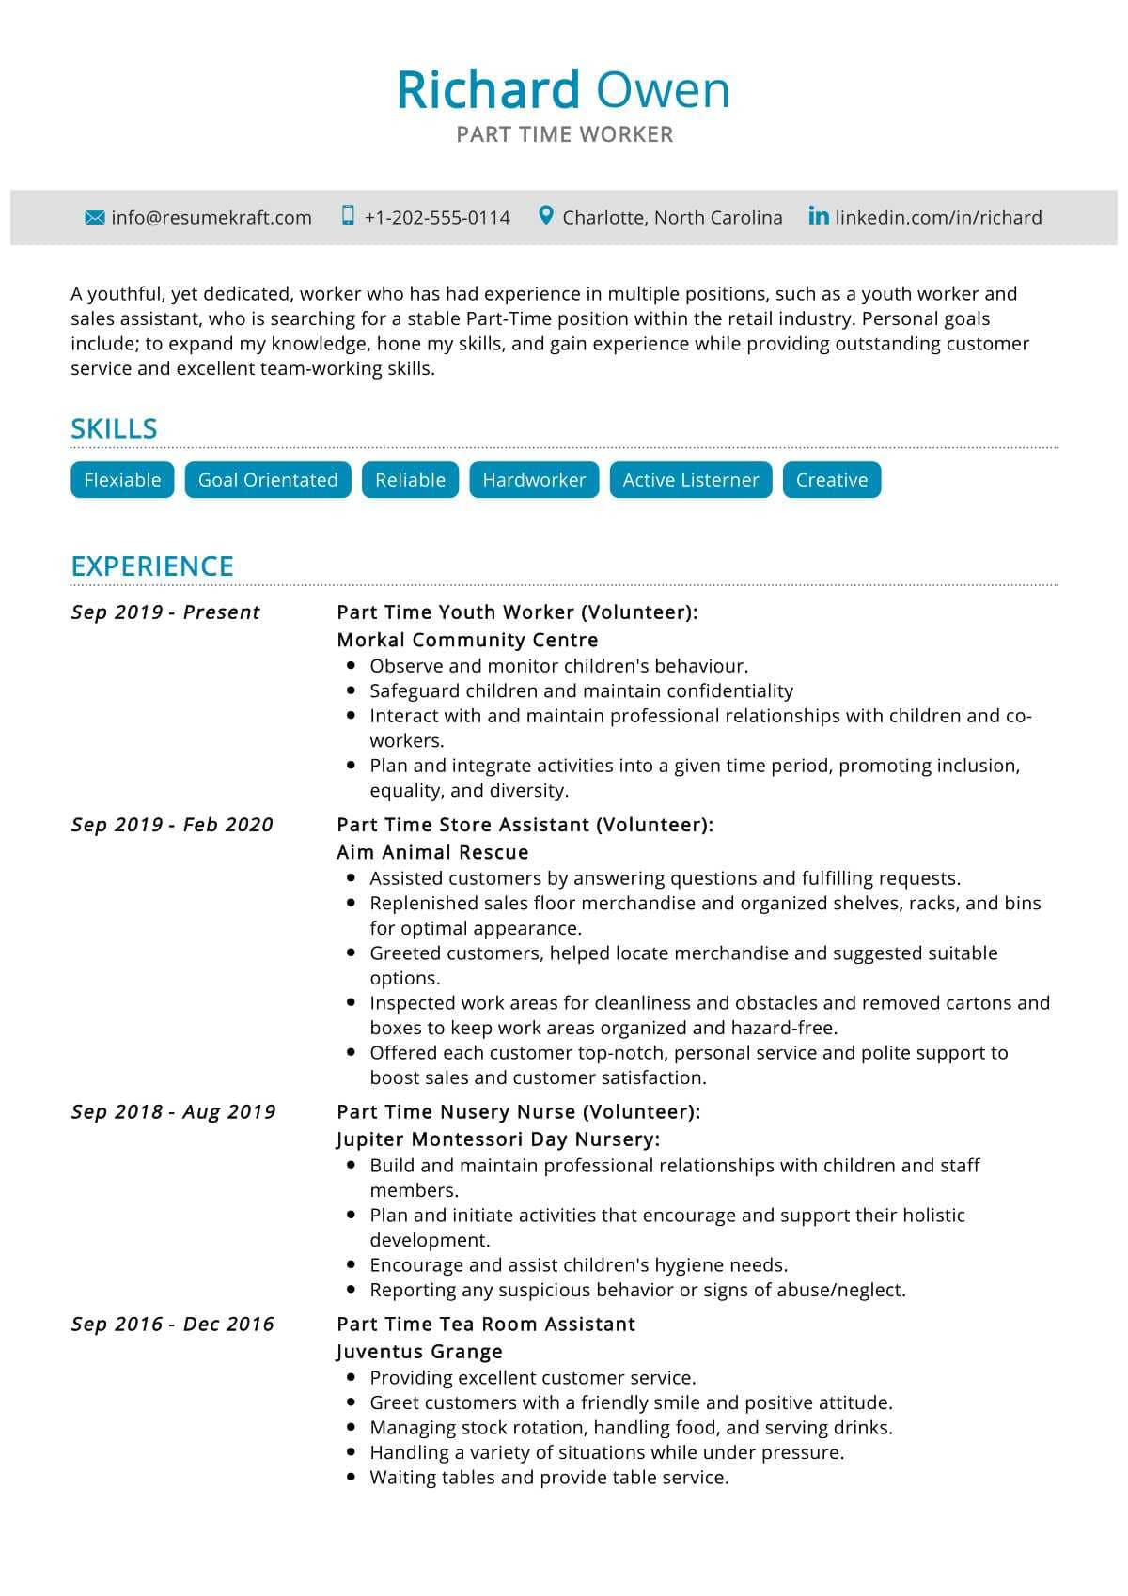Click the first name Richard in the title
pos(488,90)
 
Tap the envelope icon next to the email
pos(94,218)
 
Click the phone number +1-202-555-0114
pos(437,218)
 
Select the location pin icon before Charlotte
pos(545,216)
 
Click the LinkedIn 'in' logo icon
pos(819,216)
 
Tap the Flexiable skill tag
pos(122,480)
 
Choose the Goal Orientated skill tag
pos(268,480)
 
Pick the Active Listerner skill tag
pos(691,480)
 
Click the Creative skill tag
pos(832,480)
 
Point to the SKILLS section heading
pos(114,429)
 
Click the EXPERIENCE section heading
pos(152,566)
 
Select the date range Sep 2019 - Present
pos(165,612)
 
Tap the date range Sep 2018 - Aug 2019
pos(174,1112)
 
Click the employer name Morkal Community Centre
pos(467,641)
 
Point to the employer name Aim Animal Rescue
pos(432,853)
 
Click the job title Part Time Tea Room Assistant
pos(486,1325)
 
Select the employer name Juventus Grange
pos(419,1353)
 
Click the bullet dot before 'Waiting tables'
pos(352,1478)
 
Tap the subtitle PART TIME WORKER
pos(565,135)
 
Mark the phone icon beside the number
pos(348,216)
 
